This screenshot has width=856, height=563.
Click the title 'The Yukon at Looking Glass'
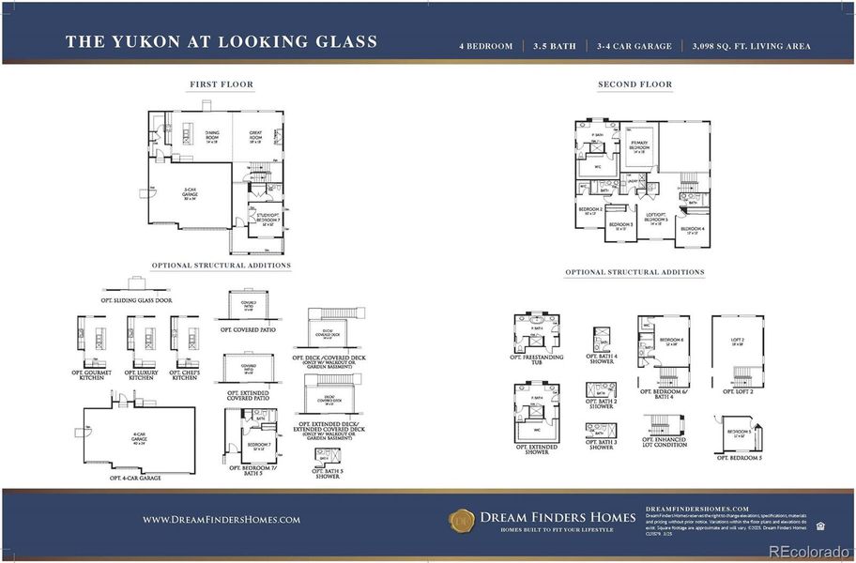(222, 42)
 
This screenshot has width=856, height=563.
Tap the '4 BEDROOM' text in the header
(486, 46)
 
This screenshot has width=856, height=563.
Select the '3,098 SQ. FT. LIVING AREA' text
(751, 46)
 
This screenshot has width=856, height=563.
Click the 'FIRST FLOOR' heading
(222, 84)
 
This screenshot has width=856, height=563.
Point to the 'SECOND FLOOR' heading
(634, 84)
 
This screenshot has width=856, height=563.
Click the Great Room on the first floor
(255, 137)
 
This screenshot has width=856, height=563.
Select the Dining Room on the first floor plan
(212, 137)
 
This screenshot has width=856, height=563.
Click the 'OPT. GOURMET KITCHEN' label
(91, 375)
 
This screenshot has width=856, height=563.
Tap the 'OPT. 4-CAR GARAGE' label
(135, 478)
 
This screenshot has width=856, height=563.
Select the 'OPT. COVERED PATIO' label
(247, 330)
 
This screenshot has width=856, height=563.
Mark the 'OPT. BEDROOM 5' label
(738, 458)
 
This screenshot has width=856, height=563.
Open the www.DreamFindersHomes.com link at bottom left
(222, 519)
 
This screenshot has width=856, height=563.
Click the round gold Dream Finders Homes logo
(462, 519)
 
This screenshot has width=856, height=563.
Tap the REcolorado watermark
(808, 551)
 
